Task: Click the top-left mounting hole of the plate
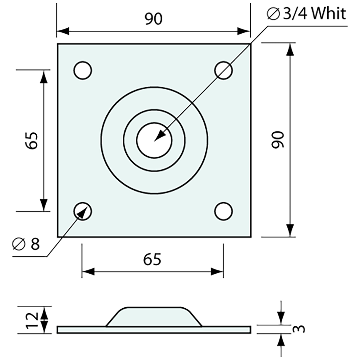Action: [x=82, y=70]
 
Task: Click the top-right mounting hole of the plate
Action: [x=224, y=70]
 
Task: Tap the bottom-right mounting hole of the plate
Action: [x=224, y=211]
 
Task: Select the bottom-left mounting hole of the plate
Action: [x=82, y=211]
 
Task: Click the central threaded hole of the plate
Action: [x=154, y=140]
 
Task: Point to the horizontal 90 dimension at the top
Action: [x=153, y=19]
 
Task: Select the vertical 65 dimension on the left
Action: [x=33, y=140]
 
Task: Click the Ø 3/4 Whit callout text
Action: [x=306, y=14]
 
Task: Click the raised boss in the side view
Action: [x=154, y=317]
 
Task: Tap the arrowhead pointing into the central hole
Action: [x=159, y=136]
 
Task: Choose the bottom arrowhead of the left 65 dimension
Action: [x=44, y=205]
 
